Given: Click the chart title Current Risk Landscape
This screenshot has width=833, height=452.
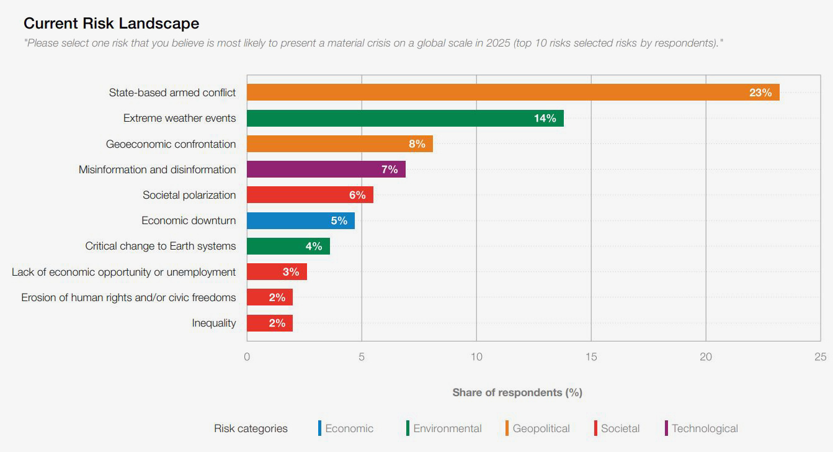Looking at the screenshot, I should [x=112, y=24].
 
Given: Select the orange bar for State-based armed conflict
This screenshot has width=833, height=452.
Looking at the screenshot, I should [x=496, y=93].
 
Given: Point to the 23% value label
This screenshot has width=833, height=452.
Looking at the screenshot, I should [x=760, y=93].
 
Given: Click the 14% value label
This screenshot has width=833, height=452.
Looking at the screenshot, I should [x=545, y=118].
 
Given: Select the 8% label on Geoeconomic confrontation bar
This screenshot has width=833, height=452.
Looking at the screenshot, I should [x=417, y=144].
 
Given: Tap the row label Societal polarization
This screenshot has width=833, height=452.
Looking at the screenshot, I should [x=189, y=195].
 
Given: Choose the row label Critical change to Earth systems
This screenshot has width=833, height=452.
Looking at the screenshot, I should [x=161, y=246].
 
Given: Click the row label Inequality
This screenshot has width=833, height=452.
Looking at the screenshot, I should [x=214, y=323].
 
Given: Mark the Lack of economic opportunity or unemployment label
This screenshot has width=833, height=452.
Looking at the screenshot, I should [x=124, y=272].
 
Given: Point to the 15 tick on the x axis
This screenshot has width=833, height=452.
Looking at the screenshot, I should [x=591, y=356].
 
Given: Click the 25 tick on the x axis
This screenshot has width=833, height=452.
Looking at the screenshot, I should [x=821, y=356].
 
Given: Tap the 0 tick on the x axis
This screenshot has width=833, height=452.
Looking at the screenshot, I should [x=247, y=356].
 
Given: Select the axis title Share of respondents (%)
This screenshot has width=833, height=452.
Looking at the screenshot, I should [x=517, y=392].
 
